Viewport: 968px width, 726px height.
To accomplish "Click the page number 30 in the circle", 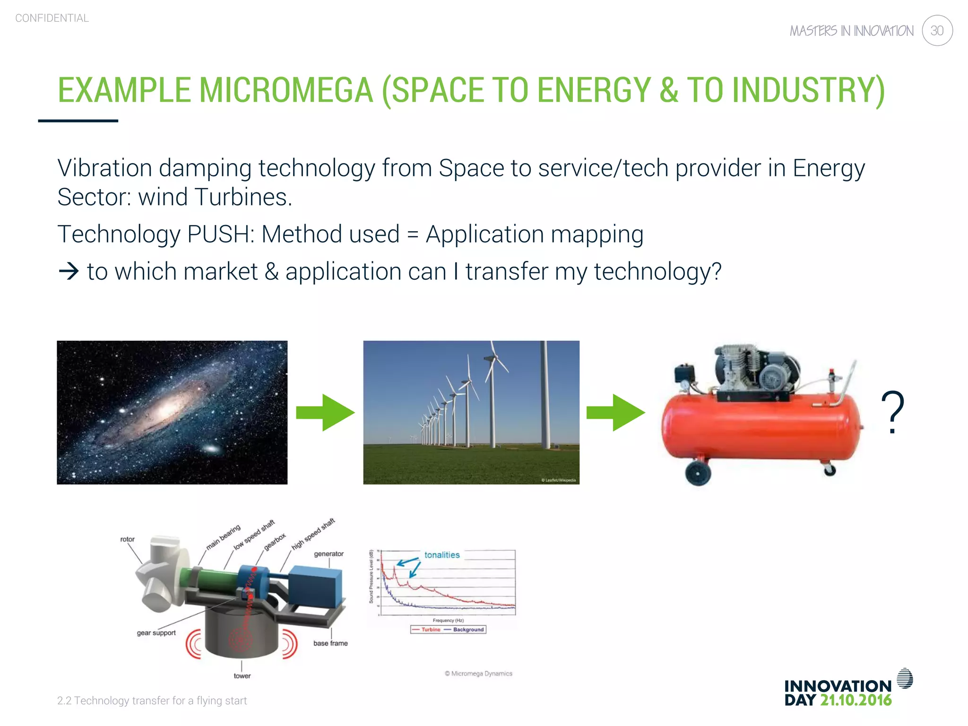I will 937,31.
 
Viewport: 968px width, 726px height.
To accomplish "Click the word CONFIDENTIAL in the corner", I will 52,18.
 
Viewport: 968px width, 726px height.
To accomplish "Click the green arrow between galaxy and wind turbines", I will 325,413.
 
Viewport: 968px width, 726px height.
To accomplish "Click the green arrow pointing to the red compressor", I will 615,413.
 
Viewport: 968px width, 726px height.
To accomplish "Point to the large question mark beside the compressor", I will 892,412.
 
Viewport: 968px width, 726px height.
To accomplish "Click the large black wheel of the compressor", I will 698,472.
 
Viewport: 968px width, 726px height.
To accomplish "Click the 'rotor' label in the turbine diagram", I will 127,539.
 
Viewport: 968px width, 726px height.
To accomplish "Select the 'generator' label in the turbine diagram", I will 328,554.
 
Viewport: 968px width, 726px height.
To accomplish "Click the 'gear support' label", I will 156,633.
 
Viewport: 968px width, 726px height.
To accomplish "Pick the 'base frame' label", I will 330,643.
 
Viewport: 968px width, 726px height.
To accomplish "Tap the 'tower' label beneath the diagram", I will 242,676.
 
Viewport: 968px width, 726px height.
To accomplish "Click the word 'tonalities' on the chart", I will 441,555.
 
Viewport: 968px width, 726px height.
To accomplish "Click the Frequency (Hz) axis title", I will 448,621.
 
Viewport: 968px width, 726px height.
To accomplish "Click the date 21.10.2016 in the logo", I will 856,700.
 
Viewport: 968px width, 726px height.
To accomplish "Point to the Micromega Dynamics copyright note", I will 478,674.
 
